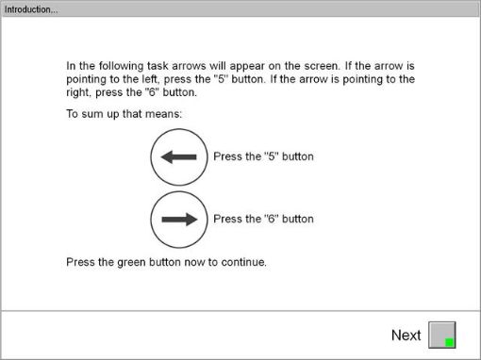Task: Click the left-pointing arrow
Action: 178,156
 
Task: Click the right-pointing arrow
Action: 179,220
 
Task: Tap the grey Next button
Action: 441,335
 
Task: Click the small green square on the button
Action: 449,342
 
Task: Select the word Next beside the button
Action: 406,335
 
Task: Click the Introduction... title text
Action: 31,9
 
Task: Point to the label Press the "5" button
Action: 263,156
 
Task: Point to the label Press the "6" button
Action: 263,219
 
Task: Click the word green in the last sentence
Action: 131,263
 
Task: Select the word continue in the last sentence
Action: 243,262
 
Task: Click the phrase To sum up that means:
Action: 124,114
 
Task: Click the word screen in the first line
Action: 321,66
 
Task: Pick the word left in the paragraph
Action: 150,79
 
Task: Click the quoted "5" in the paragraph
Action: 221,79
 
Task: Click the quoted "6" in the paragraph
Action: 152,92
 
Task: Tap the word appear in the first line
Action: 247,67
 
